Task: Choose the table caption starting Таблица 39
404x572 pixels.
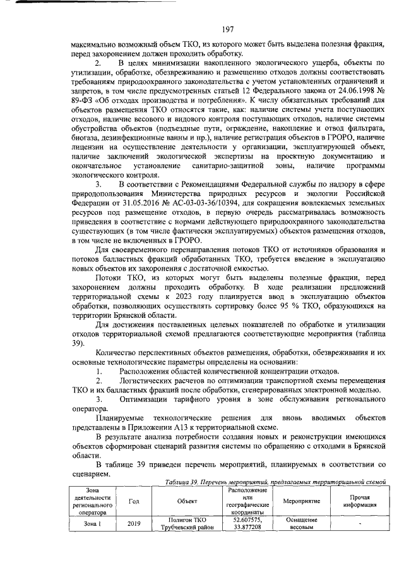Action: (273, 481)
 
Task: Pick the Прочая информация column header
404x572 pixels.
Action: (359, 501)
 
